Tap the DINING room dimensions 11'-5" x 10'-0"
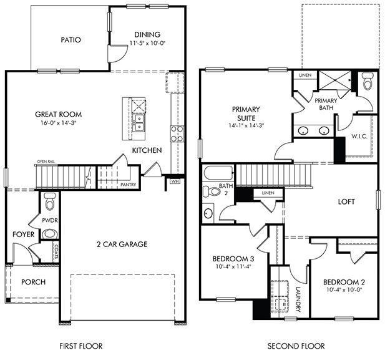coord(147,43)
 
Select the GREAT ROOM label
coord(59,114)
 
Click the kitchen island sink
coord(140,121)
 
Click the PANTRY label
coord(128,185)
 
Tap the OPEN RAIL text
coord(46,161)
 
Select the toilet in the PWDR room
coord(50,201)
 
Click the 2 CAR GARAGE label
coord(122,244)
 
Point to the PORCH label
coord(32,282)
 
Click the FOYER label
coord(23,235)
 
